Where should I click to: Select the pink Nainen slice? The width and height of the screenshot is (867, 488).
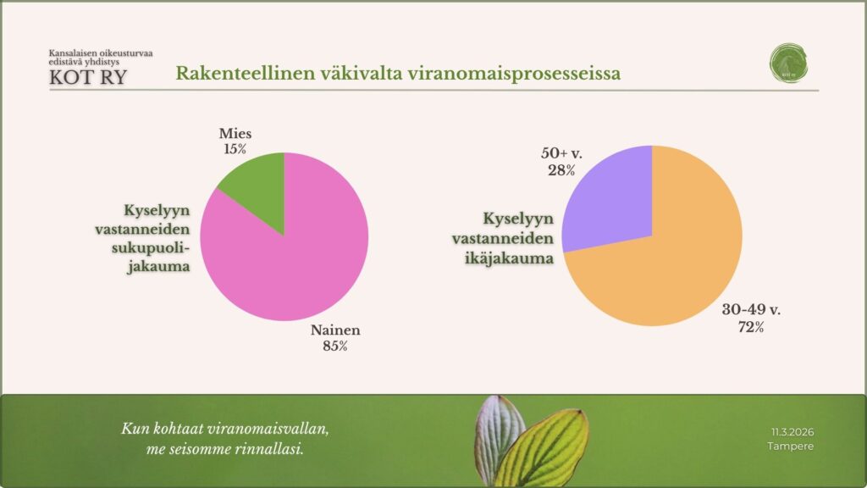296,254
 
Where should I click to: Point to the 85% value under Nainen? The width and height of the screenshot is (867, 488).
334,346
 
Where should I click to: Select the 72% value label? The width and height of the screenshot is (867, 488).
750,326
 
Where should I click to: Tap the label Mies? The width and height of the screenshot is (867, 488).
235,134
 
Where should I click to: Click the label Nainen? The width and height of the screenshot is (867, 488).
334,331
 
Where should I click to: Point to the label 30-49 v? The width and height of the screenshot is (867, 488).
751,310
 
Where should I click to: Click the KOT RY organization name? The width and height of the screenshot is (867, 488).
90,78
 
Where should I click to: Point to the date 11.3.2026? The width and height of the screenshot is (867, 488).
792,431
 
